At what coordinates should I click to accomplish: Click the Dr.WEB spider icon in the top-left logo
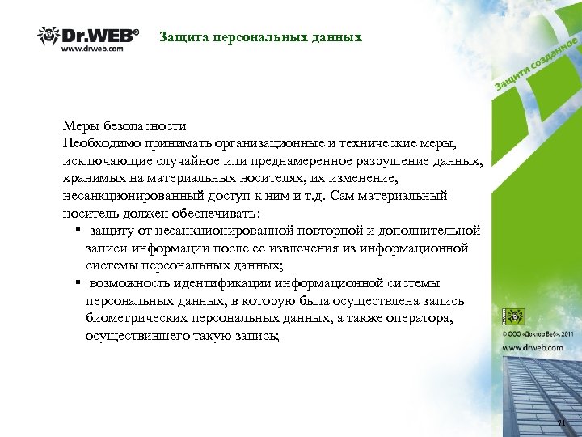point(48,36)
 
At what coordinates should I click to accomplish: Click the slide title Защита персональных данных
point(260,37)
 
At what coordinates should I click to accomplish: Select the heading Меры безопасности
point(124,126)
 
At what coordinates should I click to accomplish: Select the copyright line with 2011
point(537,333)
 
